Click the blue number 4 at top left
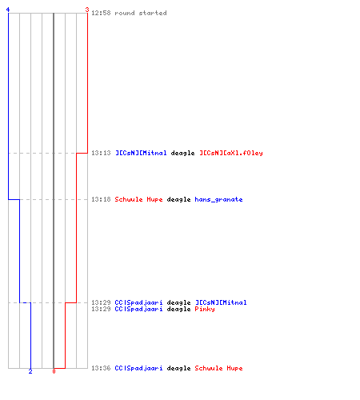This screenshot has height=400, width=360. [8, 10]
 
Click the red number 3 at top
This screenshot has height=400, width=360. [87, 10]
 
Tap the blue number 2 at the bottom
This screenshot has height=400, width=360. [30, 371]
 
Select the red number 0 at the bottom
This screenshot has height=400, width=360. [54, 371]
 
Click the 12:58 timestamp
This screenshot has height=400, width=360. [101, 13]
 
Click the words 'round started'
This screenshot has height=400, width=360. [141, 13]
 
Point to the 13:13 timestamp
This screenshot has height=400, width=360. [101, 153]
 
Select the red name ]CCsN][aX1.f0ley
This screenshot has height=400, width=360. [231, 153]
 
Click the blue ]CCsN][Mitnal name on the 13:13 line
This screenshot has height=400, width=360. [141, 153]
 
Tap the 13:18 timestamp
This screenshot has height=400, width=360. [101, 199]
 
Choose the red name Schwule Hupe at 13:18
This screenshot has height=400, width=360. [138, 199]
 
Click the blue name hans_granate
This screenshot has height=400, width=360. [218, 200]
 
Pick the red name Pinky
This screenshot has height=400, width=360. [205, 309]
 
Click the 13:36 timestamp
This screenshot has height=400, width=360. [101, 368]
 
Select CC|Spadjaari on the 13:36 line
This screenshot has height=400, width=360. [138, 368]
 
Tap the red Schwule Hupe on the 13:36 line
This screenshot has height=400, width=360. [218, 368]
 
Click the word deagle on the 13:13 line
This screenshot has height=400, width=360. [182, 154]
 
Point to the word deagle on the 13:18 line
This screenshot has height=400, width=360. [178, 200]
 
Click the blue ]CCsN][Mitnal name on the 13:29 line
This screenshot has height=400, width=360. [221, 302]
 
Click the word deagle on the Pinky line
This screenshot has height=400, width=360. [178, 310]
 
